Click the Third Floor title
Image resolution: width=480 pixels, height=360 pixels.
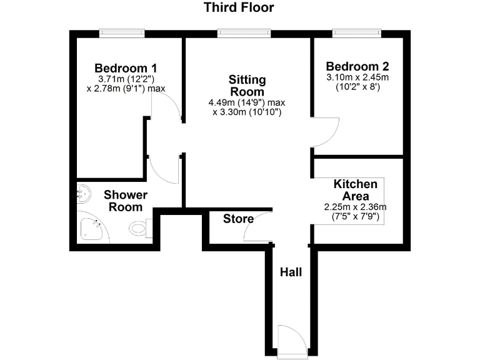239,8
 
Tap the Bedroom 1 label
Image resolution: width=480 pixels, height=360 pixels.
126,67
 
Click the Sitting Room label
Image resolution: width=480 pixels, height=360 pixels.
247,86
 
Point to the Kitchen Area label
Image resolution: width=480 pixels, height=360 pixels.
355,190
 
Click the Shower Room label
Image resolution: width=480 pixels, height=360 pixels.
126,201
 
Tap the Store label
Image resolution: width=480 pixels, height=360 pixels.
239,219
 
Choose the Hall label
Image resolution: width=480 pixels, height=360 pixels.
291,272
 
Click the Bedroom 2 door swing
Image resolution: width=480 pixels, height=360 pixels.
324,132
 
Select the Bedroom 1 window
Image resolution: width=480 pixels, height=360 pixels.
122,33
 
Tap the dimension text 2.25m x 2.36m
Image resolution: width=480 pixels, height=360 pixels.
355,207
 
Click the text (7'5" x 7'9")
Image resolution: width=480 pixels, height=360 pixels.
355,217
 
